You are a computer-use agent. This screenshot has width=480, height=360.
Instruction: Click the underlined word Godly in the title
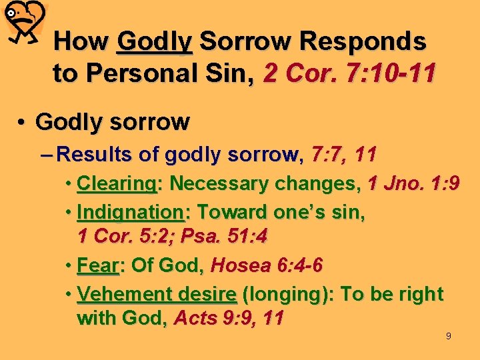click(154, 41)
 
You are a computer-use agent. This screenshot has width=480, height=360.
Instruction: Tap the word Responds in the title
click(363, 41)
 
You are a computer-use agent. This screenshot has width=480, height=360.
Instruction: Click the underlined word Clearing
click(117, 183)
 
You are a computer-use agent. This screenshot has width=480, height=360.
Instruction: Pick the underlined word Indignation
click(131, 212)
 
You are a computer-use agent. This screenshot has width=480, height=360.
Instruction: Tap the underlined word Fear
click(97, 266)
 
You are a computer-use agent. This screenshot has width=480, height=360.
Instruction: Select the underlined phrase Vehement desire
click(157, 294)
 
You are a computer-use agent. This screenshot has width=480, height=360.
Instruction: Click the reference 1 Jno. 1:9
click(413, 183)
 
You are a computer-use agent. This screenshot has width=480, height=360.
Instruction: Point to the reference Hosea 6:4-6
click(267, 266)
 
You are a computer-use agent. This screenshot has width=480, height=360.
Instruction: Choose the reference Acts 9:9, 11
click(229, 319)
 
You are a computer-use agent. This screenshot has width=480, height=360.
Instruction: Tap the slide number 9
click(448, 336)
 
